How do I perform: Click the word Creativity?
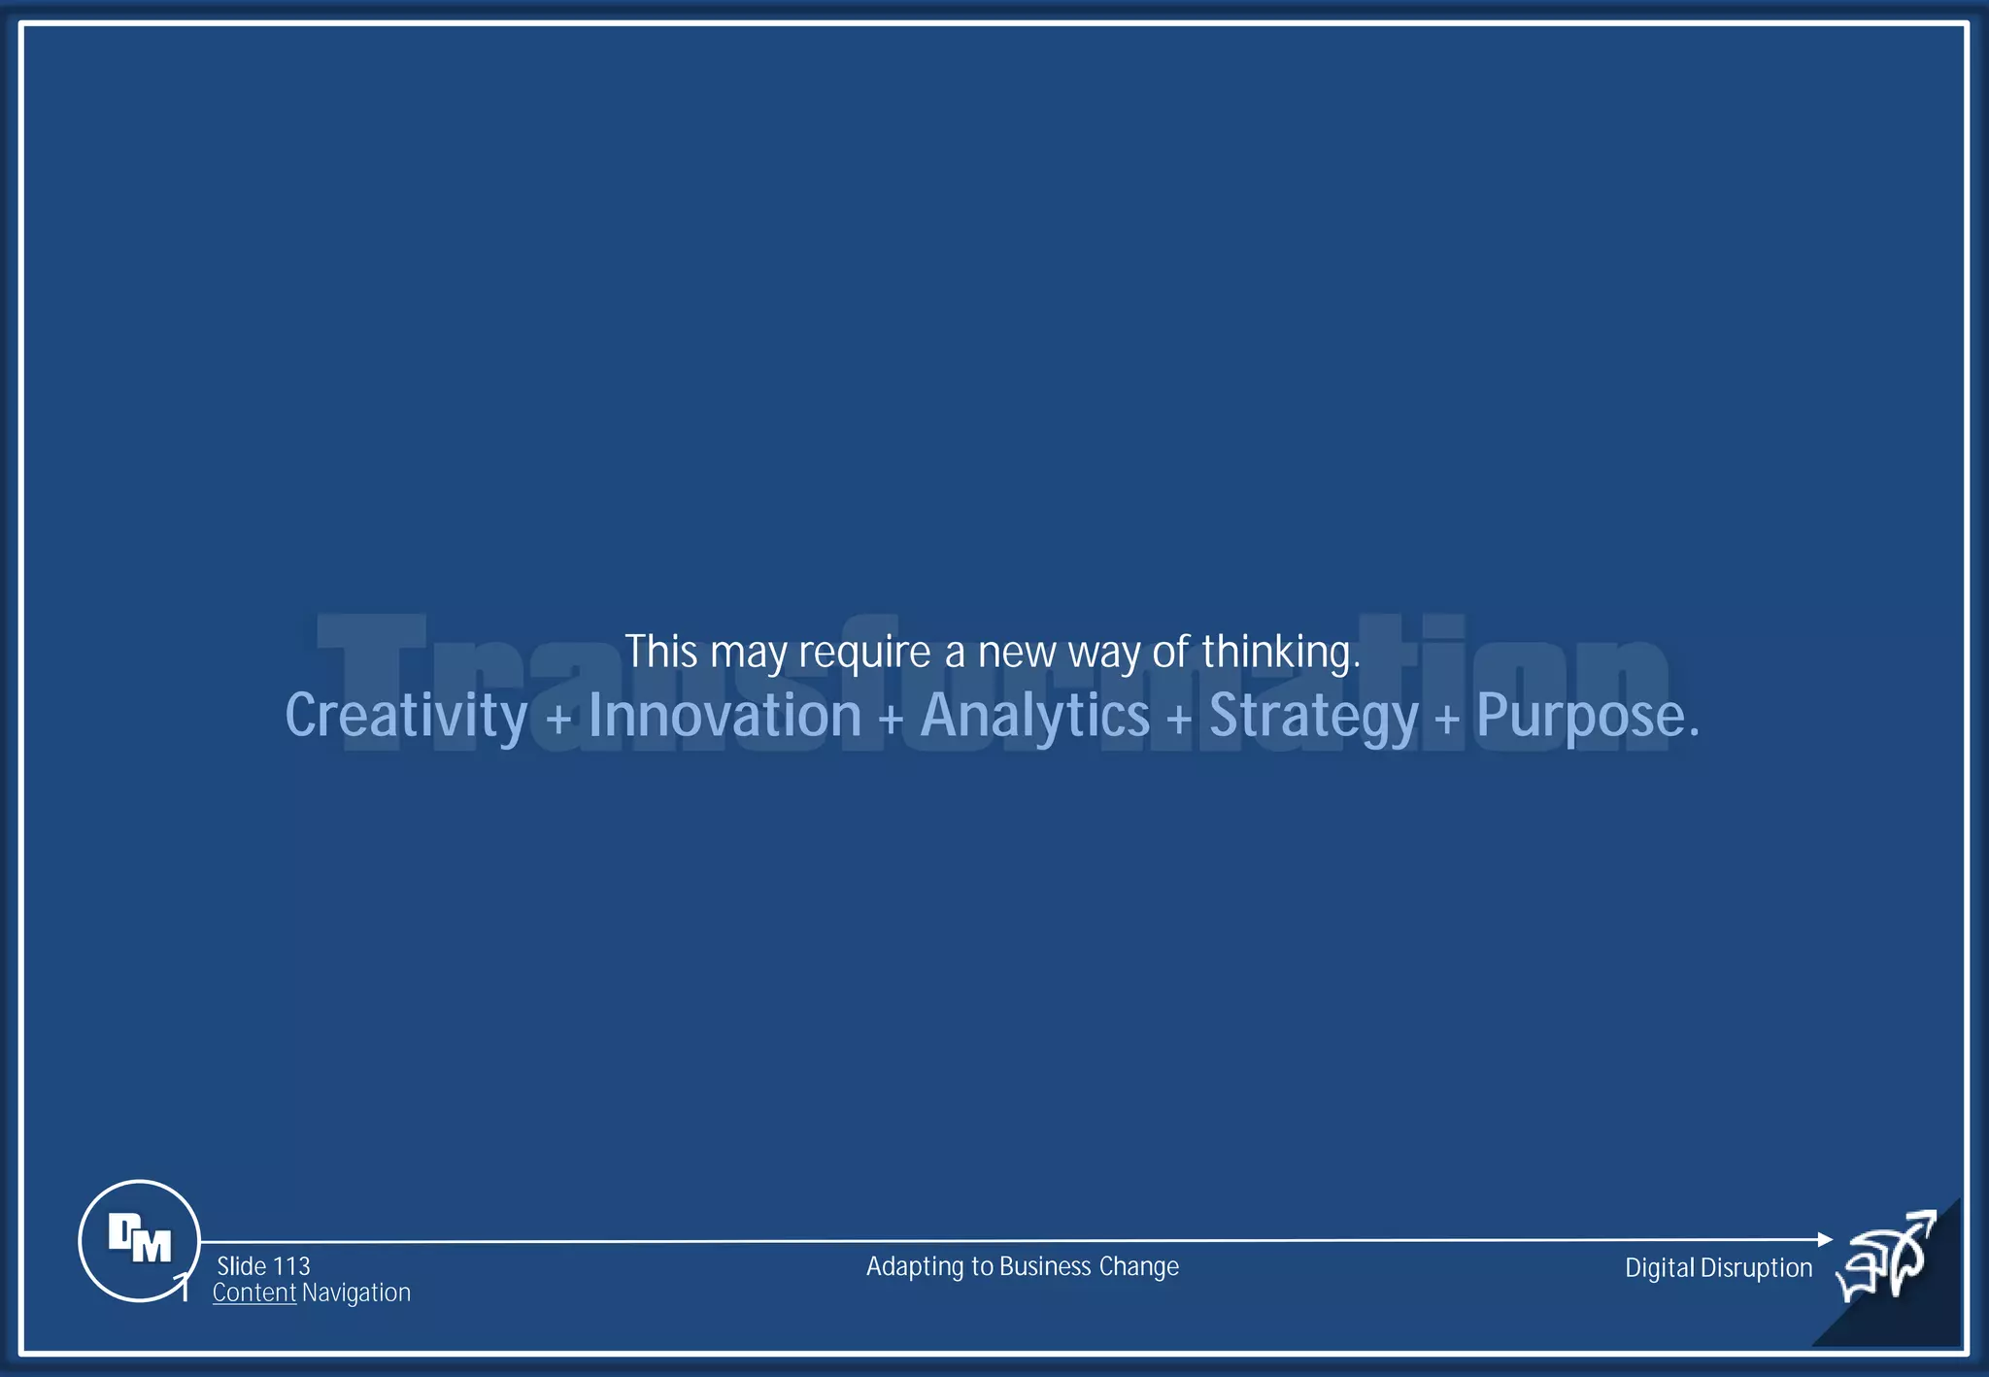coord(405,717)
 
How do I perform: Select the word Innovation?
coord(725,717)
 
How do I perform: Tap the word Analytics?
coord(1034,717)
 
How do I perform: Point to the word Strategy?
coord(1313,717)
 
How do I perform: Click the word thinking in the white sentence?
coord(1280,652)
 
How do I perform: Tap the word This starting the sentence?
coord(660,652)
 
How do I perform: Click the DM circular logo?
coord(139,1240)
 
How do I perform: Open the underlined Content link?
coord(254,1293)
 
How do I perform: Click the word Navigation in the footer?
coord(356,1293)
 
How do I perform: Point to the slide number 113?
coord(290,1266)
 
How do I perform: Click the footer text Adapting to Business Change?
coord(1022,1266)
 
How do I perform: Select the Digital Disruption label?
coord(1718,1267)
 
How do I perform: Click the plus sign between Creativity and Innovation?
coord(558,721)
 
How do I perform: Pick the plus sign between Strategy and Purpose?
coord(1447,721)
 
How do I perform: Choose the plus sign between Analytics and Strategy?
coord(1179,721)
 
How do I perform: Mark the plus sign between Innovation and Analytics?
coord(891,721)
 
